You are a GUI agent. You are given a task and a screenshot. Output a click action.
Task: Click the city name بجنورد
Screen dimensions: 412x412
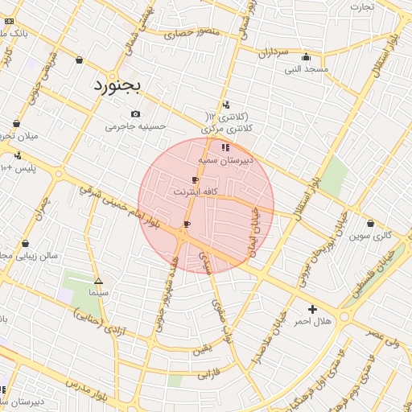pos(117,85)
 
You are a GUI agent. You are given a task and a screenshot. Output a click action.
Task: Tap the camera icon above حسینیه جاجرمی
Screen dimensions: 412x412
pos(135,113)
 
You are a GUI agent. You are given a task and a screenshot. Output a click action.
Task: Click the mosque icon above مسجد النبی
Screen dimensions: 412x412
pos(306,57)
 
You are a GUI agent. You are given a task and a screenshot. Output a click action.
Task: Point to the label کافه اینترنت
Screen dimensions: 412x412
pos(195,193)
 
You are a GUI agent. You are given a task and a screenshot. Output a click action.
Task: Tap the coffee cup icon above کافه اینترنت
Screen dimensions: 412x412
pos(195,180)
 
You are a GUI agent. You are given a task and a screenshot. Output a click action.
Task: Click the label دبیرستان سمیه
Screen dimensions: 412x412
pos(226,160)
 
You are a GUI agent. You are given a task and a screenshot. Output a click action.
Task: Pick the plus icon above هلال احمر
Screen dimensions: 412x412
pos(312,309)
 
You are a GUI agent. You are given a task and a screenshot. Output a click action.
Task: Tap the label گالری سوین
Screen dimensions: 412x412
pos(370,236)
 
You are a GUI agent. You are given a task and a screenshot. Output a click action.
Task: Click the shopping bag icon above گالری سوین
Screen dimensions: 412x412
pos(370,223)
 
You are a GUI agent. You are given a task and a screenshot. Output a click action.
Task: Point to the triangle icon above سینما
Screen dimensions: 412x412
pos(98,282)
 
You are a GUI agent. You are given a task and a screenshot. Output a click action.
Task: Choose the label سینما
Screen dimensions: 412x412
pos(98,295)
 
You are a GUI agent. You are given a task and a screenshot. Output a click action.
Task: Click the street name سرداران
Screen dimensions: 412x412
pos(273,52)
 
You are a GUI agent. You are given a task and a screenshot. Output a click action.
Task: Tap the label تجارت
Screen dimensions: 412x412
pos(361,6)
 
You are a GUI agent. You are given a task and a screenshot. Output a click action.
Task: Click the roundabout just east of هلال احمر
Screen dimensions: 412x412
pos(344,317)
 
